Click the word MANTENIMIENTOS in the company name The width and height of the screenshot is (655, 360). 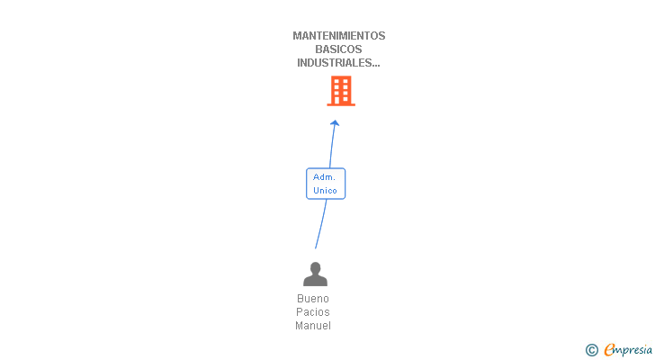click(x=338, y=36)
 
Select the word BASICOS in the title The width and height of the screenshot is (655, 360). click(x=338, y=49)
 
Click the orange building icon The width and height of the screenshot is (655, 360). click(x=341, y=91)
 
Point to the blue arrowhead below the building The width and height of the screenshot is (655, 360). click(x=335, y=123)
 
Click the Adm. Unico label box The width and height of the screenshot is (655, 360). click(x=325, y=184)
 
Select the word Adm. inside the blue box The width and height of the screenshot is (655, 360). click(x=324, y=177)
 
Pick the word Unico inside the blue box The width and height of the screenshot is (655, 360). click(x=325, y=191)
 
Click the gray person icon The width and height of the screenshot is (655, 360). click(x=315, y=274)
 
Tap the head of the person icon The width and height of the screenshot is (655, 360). click(x=315, y=267)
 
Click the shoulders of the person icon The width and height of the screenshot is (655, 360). click(x=315, y=281)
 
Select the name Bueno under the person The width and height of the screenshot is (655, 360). click(x=313, y=299)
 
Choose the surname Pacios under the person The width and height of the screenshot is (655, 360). click(x=313, y=312)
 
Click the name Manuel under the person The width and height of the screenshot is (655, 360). click(x=313, y=326)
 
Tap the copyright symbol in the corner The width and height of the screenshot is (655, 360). click(x=591, y=350)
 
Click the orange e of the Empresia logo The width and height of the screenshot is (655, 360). click(x=610, y=350)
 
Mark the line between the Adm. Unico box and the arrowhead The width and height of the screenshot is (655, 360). click(x=331, y=147)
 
